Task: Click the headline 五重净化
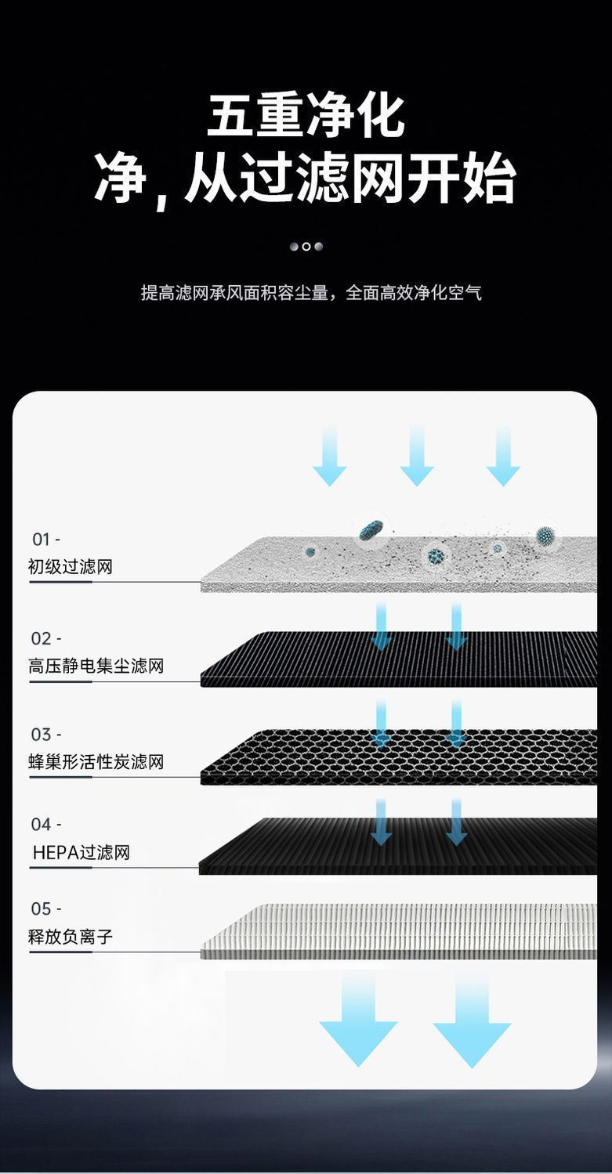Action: tap(306, 117)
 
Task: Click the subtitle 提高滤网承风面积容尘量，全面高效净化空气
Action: tap(310, 293)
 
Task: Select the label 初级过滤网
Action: tap(71, 566)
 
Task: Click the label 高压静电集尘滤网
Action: tap(96, 666)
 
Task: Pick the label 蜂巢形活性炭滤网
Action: tap(96, 762)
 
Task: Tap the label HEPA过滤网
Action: tap(81, 852)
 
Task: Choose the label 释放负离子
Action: tap(71, 937)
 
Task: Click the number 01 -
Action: tap(45, 540)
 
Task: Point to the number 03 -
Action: tap(45, 735)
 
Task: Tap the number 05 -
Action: tap(45, 909)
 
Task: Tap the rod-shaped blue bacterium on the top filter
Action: tap(371, 530)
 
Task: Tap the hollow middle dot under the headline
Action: tap(306, 247)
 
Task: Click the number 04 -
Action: tap(45, 825)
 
